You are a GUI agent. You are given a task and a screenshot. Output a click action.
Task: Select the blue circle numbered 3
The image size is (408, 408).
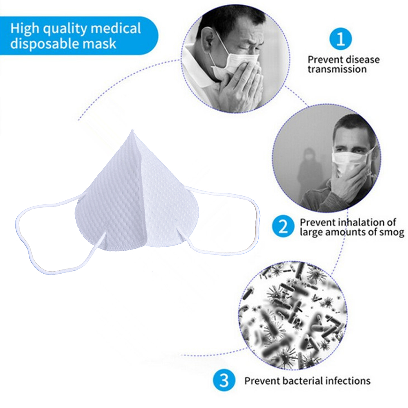[x=224, y=381]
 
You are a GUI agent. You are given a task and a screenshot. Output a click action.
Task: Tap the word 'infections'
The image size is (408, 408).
[x=347, y=381]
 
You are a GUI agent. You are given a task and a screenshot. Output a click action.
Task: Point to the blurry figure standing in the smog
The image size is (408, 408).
[x=309, y=171]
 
